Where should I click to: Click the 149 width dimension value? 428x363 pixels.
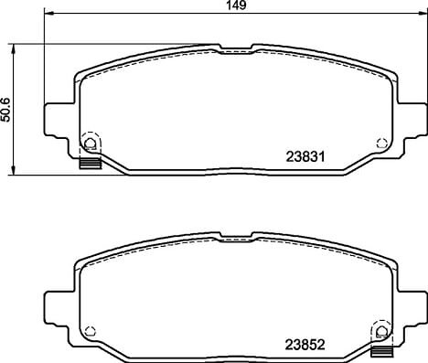(237, 5)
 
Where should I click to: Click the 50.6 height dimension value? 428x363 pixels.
(5, 110)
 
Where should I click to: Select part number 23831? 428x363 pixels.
(305, 157)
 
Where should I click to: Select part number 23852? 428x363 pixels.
(305, 345)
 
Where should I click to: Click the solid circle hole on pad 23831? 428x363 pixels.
(90, 143)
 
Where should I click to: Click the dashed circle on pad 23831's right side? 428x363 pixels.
(381, 143)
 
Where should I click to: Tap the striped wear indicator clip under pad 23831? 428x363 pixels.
(91, 164)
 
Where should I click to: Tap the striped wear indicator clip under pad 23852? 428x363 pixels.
(381, 352)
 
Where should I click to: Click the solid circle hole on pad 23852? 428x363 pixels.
(381, 331)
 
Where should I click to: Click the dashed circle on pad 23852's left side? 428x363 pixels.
(91, 331)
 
